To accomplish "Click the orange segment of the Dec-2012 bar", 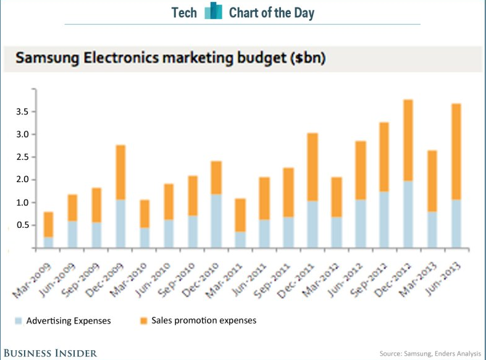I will [x=407, y=140].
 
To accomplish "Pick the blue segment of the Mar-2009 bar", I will [x=48, y=242].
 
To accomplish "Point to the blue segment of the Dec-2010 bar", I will [x=216, y=220].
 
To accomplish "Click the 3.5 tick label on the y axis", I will [x=22, y=112].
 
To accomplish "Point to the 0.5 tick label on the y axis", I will [x=22, y=225].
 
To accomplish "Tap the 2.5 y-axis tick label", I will [x=22, y=157].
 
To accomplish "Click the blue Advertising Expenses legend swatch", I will [x=19, y=320].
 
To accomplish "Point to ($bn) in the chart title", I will [x=305, y=60].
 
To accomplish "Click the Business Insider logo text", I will [x=49, y=353].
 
